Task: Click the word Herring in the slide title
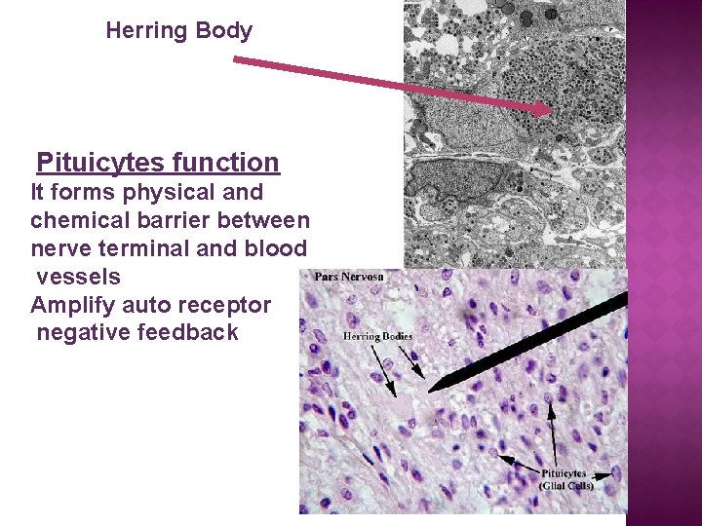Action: coord(146,31)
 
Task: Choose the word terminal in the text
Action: coord(143,248)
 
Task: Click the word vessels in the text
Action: coord(79,277)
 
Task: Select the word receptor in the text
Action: coord(226,305)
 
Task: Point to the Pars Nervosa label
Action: coord(349,277)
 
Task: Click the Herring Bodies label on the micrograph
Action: coord(377,337)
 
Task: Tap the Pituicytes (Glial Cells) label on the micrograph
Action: coord(565,479)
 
